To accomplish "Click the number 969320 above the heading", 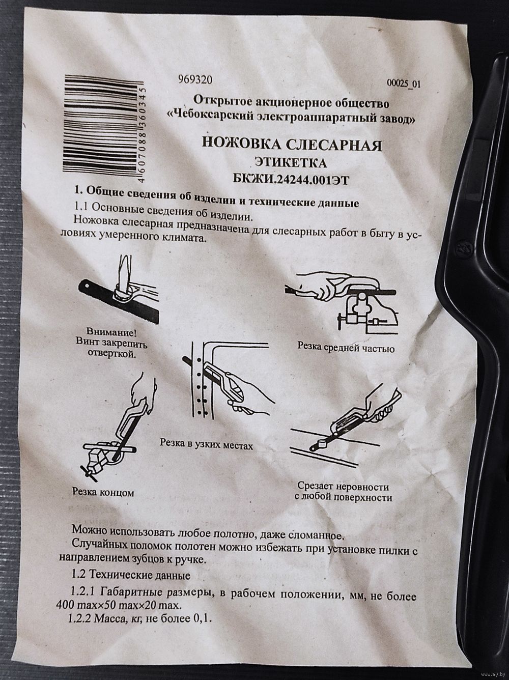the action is coord(195,80).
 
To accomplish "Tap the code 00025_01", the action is coord(404,83).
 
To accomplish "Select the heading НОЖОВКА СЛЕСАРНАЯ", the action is coord(292,145).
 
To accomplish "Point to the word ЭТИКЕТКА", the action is coord(291,163).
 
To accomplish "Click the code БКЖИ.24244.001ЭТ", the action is coord(291,180).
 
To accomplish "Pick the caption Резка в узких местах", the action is coord(206,444).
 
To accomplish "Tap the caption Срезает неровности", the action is coord(343,487).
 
